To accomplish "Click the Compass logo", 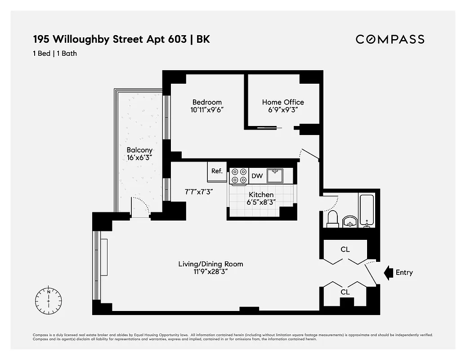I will tap(390, 39).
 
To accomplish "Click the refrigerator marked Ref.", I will tap(217, 171).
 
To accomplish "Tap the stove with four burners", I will tap(239, 176).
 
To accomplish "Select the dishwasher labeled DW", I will tap(257, 176).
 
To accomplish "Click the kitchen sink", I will tap(274, 175).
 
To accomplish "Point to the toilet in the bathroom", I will tap(332, 218).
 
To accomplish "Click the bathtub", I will tap(367, 209).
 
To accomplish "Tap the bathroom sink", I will tap(349, 221).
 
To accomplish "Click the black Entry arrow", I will tap(388, 272).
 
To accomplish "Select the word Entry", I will tap(404, 272).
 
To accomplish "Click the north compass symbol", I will tap(48, 298).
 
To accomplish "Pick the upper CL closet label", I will tap(345, 249).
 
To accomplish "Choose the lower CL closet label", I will tap(345, 292).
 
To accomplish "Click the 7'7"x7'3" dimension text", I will tap(198, 191).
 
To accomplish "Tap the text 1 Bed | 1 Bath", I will tap(55, 54).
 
